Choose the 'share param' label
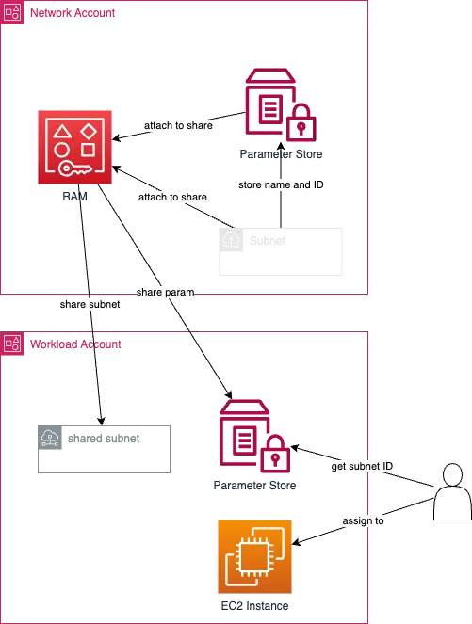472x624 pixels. [166, 294]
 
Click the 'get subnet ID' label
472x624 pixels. [363, 467]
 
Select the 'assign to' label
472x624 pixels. [362, 520]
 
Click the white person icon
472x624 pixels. [453, 491]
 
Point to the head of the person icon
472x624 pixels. [453, 473]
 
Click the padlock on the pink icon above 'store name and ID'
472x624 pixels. [301, 121]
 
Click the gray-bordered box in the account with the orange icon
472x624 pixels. [106, 447]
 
